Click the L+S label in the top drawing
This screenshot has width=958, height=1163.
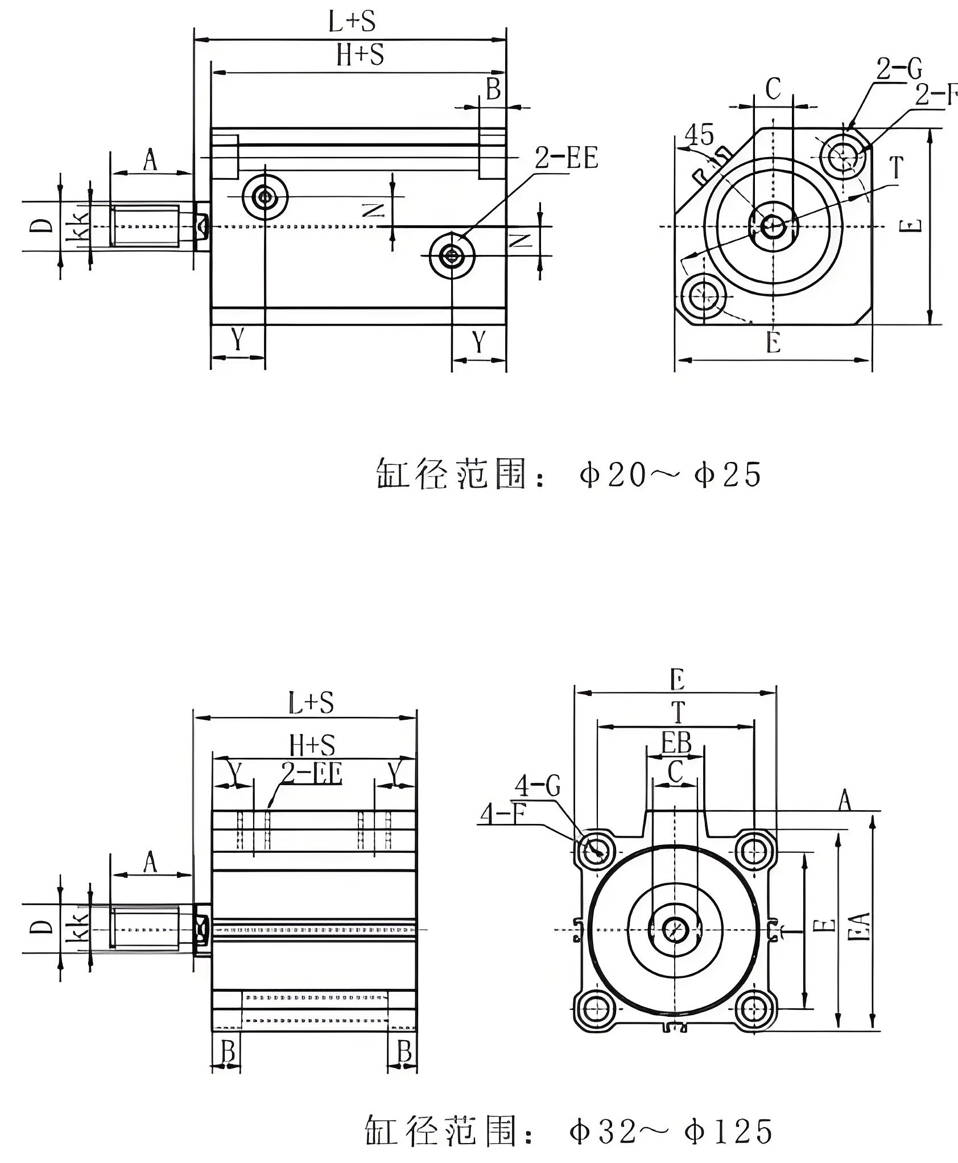352,22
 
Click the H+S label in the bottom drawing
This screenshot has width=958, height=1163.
312,745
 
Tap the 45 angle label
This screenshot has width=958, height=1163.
699,135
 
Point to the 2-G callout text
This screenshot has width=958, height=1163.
898,69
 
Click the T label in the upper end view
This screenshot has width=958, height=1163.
896,168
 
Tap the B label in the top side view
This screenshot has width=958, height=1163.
493,89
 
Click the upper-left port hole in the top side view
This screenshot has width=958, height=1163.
265,197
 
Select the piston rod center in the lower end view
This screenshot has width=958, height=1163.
675,930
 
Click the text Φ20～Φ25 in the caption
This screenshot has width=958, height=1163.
670,475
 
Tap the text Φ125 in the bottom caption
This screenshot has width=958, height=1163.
729,1132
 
